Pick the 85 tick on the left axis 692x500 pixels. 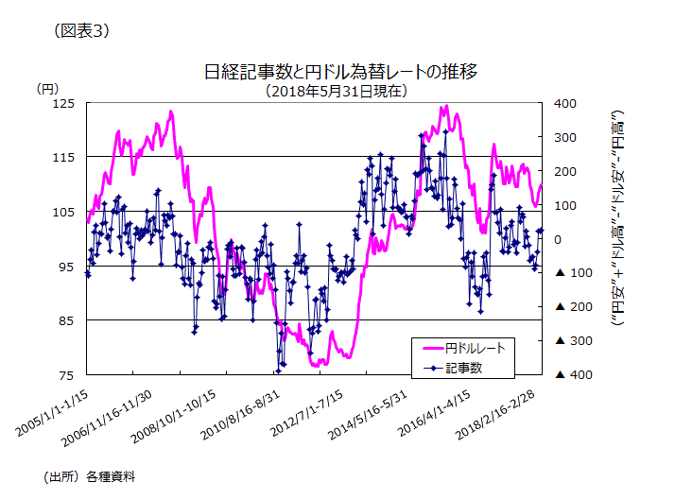[65, 320]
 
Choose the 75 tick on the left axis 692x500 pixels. [65, 375]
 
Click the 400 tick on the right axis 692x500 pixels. [565, 103]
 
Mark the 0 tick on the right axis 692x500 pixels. [558, 239]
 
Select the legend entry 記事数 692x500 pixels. [464, 367]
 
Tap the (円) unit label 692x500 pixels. [47, 89]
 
